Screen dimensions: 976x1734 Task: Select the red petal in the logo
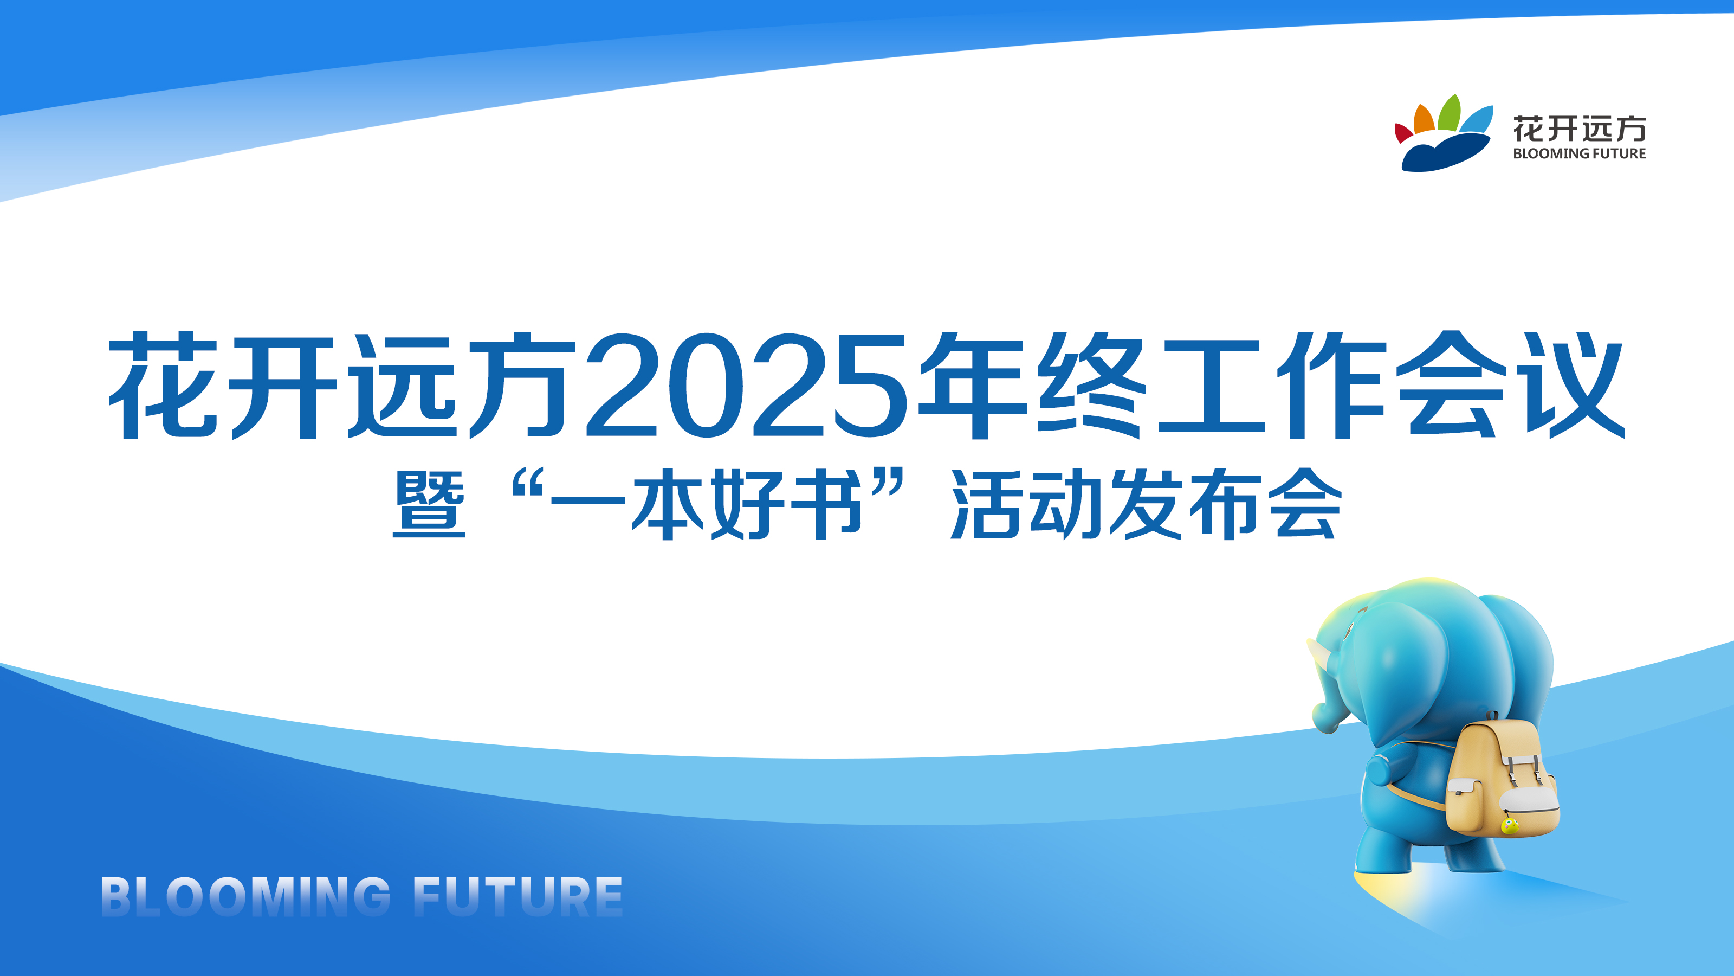[1403, 133]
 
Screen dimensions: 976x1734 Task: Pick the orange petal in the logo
[1423, 120]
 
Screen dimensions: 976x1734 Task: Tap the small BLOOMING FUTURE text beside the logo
[1578, 153]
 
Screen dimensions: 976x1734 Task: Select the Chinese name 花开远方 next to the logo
[1578, 128]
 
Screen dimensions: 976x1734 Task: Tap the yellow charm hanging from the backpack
[1510, 826]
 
